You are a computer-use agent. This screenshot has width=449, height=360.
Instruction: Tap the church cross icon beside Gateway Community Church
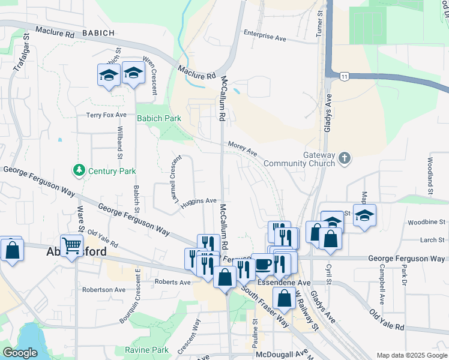pos(344,158)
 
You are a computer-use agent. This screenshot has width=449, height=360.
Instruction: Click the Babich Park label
pos(158,118)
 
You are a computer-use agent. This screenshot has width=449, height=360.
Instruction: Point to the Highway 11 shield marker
pos(344,76)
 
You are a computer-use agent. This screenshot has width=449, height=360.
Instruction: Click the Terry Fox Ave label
pos(106,115)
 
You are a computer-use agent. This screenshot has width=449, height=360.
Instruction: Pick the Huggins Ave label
pos(198,201)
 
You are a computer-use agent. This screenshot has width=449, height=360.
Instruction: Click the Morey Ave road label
pos(243,146)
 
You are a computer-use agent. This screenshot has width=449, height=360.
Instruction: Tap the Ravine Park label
pos(146,350)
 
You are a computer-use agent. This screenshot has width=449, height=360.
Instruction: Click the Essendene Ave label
pos(274,282)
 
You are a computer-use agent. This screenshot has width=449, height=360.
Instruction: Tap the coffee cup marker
pos(262,263)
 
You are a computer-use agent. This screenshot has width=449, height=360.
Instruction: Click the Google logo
pos(20,353)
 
